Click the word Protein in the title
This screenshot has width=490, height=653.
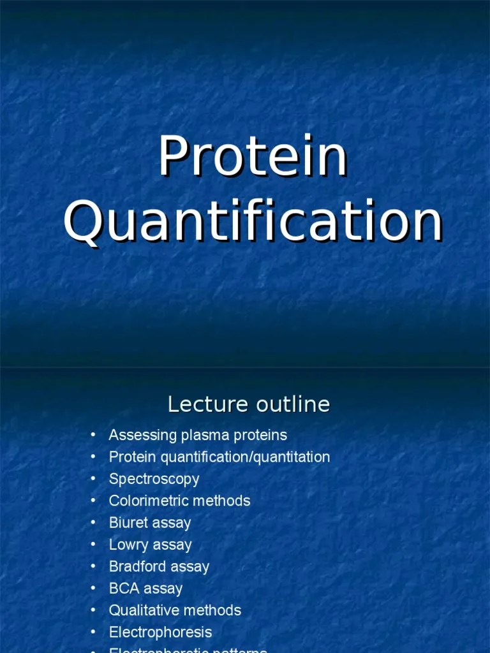point(253,157)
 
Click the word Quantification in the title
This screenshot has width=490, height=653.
point(253,222)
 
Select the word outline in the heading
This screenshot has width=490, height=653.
point(292,404)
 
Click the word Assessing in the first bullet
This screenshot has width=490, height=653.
point(143,436)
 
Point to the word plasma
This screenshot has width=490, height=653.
point(202,436)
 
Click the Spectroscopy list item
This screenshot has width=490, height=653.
point(154,479)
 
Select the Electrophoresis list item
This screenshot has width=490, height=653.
point(160,632)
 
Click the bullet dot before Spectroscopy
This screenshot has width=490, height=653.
point(93,478)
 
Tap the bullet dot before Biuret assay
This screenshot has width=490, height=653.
point(93,522)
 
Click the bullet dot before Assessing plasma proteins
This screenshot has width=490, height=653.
point(93,435)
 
